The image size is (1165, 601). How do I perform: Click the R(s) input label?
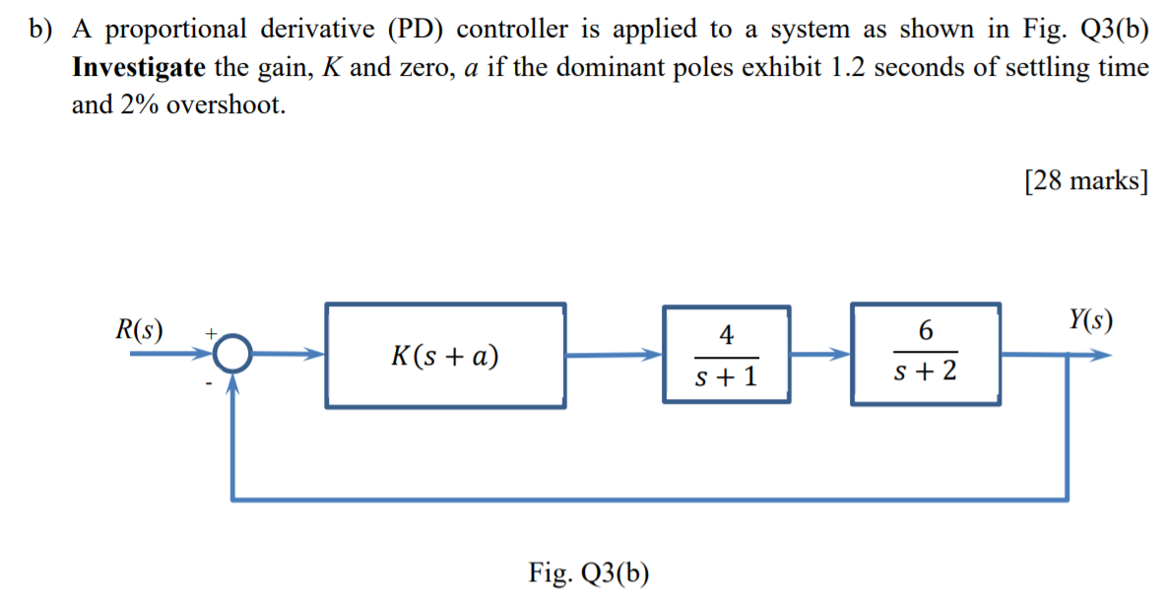coord(139,329)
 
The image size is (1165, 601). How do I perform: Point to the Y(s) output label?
coord(1090,320)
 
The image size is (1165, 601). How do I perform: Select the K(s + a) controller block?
coord(445,356)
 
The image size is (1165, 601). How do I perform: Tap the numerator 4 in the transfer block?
coord(727,335)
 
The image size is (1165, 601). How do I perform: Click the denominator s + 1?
coord(727,375)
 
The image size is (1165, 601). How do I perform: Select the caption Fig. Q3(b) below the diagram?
coord(589,573)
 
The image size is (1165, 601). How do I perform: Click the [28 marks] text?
coord(1086,181)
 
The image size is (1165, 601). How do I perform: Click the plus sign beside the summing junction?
coord(209,335)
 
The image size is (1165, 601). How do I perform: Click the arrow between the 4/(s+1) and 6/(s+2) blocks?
coord(821,355)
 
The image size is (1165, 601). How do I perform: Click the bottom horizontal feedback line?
coord(650,498)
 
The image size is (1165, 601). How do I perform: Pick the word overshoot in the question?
coord(226,105)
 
